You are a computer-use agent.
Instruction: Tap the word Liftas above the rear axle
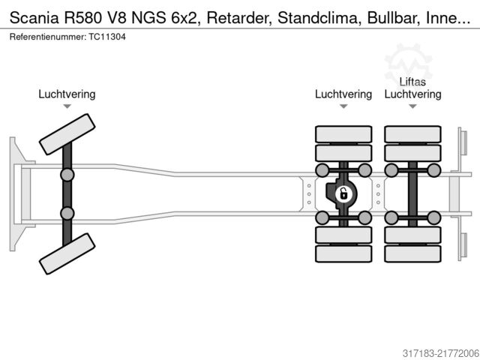point(412,82)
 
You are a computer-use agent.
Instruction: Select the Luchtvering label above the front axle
point(67,94)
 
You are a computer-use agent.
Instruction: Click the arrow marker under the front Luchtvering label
point(67,106)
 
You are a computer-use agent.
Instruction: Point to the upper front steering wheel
point(66,134)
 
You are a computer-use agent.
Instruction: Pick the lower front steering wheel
point(67,253)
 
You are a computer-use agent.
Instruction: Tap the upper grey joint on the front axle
point(67,175)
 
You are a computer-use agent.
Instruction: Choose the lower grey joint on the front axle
point(67,213)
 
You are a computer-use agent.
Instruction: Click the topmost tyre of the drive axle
point(343,134)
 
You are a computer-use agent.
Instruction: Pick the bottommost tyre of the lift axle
point(412,253)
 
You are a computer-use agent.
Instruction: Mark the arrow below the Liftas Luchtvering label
point(412,106)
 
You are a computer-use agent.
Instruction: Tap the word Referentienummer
point(41,36)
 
